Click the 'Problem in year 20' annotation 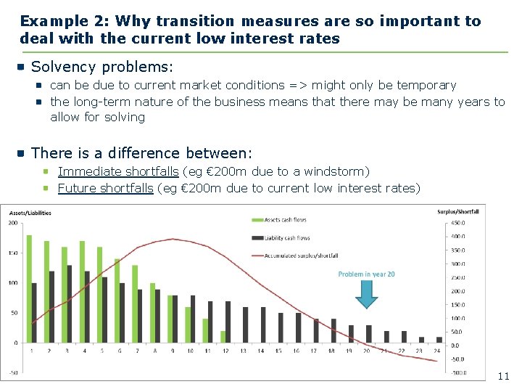(366, 274)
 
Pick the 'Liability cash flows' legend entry (287, 237)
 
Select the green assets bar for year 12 (223, 337)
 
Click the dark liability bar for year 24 (439, 339)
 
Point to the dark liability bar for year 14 (263, 325)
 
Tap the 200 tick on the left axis (13, 223)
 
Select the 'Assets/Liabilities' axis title (31, 213)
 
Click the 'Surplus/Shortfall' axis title (458, 212)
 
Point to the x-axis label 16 (297, 351)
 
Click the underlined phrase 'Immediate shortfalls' (118, 171)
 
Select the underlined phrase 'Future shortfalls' (106, 188)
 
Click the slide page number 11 (503, 376)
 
